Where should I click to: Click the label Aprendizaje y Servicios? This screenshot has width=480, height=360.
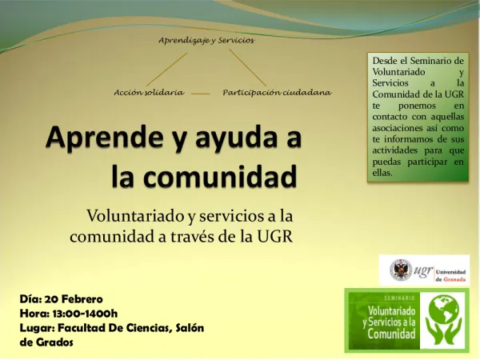pyautogui.click(x=206, y=41)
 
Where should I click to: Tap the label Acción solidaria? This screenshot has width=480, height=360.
pyautogui.click(x=150, y=92)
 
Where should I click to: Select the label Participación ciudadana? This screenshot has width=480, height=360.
pyautogui.click(x=277, y=92)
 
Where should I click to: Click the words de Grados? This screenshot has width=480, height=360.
pyautogui.click(x=46, y=342)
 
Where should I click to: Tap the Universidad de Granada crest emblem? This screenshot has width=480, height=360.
pyautogui.click(x=400, y=270)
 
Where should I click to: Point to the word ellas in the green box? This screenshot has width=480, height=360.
pyautogui.click(x=383, y=172)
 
